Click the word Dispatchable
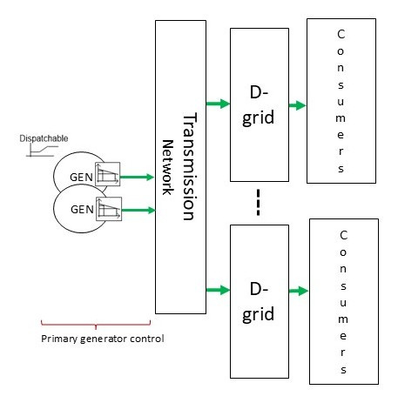coord(44,138)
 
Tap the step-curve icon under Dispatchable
coord(42,151)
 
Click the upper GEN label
coord(81,177)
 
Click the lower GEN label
coord(82,209)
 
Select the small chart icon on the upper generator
coord(107,174)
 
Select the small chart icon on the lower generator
coord(109,209)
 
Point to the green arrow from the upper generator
coord(137,177)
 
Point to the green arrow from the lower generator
coord(138,210)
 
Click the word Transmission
coord(190,166)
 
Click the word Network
coord(167,167)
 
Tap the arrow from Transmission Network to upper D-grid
coord(218,104)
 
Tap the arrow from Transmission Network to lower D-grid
coord(218,290)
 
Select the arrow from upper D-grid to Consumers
coord(298,105)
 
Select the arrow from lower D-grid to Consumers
coord(299,291)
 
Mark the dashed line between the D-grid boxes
coord(258,202)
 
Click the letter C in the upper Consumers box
coord(341,34)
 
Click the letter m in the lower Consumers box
coord(343,319)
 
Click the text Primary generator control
coord(103,339)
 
